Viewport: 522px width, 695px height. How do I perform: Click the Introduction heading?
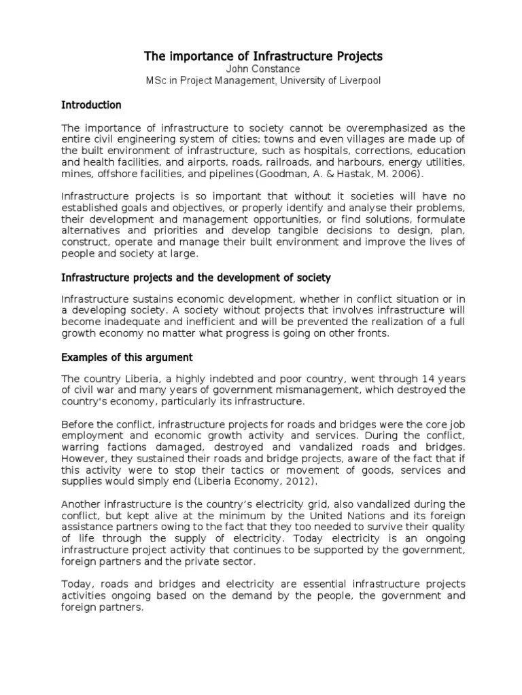pyautogui.click(x=91, y=105)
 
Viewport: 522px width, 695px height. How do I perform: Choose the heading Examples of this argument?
pyautogui.click(x=127, y=358)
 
